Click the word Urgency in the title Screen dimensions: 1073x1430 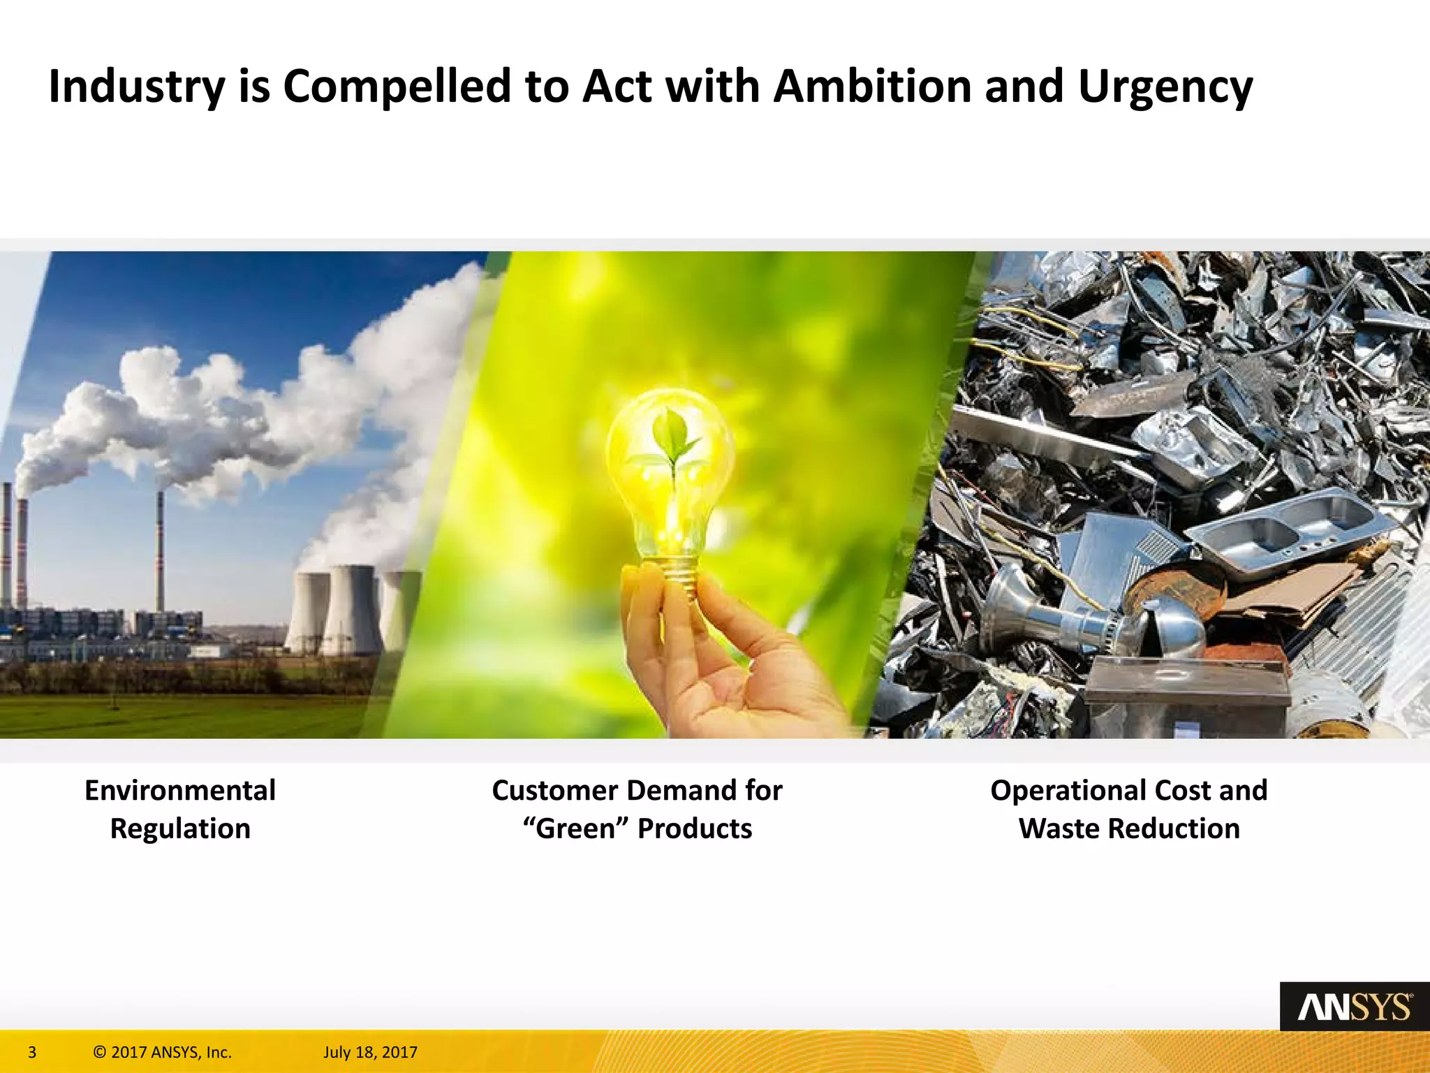pyautogui.click(x=1165, y=87)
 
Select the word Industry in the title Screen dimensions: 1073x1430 pyautogui.click(x=137, y=87)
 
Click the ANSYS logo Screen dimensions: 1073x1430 pyautogui.click(x=1354, y=1007)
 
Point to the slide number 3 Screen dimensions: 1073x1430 pyautogui.click(x=32, y=1052)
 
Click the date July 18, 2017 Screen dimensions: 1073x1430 pyautogui.click(x=370, y=1052)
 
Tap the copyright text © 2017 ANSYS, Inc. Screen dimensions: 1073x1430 pyautogui.click(x=162, y=1052)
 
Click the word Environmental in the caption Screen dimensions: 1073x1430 pyautogui.click(x=180, y=791)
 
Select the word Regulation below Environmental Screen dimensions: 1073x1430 pyautogui.click(x=180, y=829)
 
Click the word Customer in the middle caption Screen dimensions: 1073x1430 pyautogui.click(x=554, y=791)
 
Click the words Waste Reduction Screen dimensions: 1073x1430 pyautogui.click(x=1129, y=829)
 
